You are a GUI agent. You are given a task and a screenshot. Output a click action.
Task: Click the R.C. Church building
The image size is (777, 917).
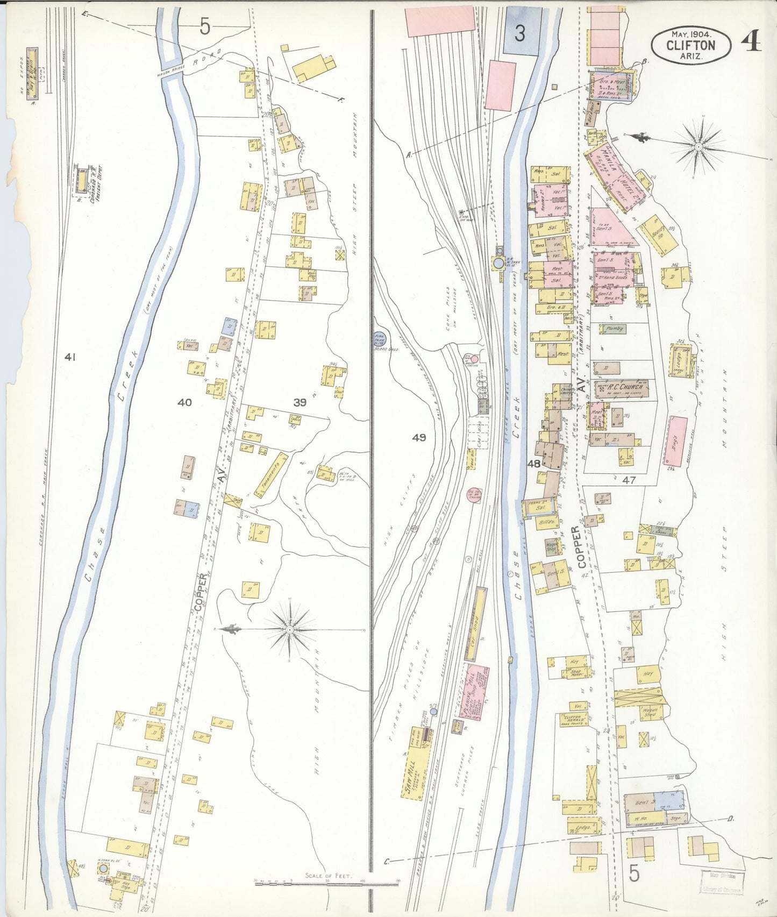[621, 388]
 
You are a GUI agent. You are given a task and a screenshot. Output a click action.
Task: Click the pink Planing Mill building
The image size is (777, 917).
[476, 694]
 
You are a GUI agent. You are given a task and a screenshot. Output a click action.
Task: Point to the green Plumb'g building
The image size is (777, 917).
[614, 328]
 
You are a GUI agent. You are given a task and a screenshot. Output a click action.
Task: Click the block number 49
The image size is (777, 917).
[419, 438]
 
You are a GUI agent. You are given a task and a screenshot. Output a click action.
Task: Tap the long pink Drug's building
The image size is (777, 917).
[676, 442]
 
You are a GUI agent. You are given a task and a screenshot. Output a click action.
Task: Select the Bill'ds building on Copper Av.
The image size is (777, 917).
[545, 521]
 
